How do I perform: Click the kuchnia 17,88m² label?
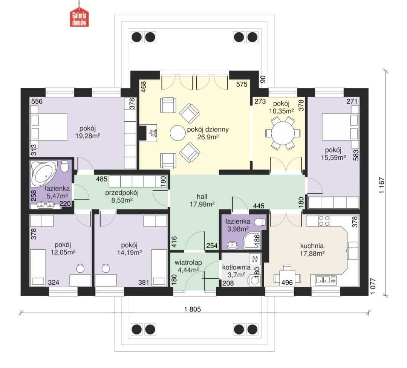pos(312,249)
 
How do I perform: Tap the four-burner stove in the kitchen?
pos(324,221)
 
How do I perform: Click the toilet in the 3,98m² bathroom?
pos(260,222)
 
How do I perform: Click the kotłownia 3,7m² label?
pos(236,271)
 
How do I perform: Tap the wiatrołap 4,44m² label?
pos(188,266)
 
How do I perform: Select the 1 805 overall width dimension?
pos(193,309)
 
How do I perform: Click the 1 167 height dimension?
pos(381,185)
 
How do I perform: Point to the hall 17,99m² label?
pos(202,200)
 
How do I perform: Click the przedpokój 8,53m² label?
pos(122,197)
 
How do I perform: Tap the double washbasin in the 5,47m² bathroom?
pos(46,205)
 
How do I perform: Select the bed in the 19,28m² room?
pos(49,127)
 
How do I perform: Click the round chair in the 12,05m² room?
pos(80,268)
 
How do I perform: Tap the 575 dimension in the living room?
pos(242,84)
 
